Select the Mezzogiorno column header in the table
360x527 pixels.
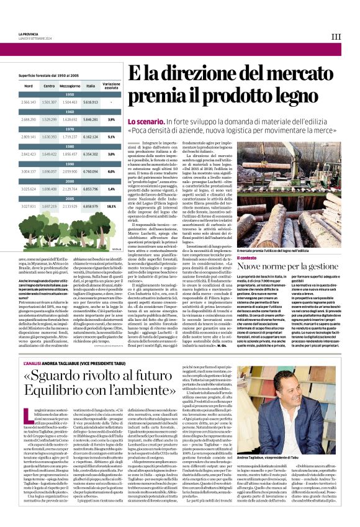[x=70, y=86]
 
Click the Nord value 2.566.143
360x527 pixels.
[x=28, y=101]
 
